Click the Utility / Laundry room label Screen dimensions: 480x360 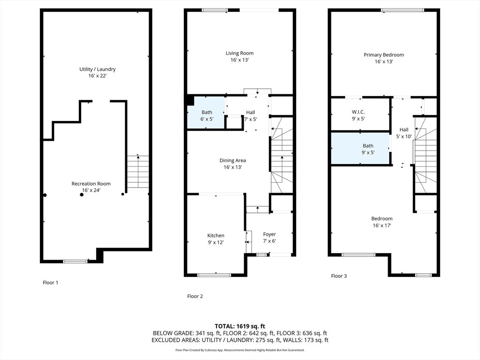(x=97, y=72)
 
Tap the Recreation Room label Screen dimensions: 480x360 (x=91, y=187)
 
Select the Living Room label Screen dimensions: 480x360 (x=240, y=56)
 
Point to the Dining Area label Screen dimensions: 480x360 (x=232, y=164)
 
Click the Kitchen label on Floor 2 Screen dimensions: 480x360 (x=216, y=239)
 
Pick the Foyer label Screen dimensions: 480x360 (x=270, y=238)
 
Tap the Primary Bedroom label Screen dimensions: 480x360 (x=383, y=58)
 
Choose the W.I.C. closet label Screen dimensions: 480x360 (x=358, y=115)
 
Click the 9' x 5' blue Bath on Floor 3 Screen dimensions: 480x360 (x=361, y=149)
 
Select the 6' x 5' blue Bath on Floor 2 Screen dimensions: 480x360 (x=206, y=112)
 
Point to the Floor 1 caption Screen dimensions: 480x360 (x=51, y=283)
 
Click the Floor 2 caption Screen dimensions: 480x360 (x=195, y=296)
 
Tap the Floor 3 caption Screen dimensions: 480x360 (x=339, y=276)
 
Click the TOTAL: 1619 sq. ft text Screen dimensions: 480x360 (x=240, y=326)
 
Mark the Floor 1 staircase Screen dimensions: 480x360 (x=138, y=172)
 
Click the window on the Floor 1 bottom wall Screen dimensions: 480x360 (x=75, y=262)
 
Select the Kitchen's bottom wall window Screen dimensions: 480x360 (x=214, y=275)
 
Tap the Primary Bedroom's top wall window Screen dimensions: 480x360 (x=403, y=10)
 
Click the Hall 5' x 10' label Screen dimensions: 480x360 (x=404, y=133)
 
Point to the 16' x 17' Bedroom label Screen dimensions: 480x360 (x=382, y=222)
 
